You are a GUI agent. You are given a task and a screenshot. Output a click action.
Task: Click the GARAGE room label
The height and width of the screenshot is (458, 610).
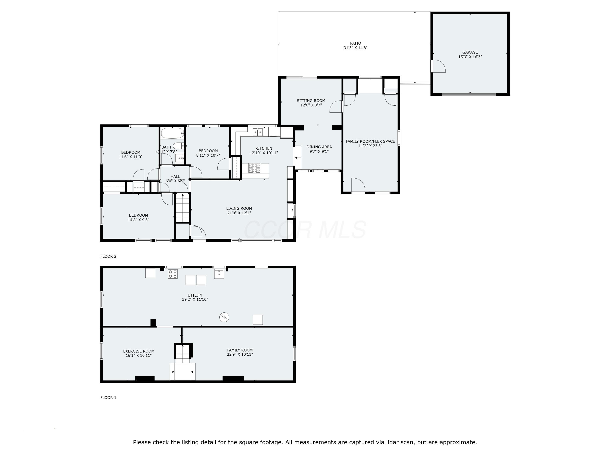coord(470,52)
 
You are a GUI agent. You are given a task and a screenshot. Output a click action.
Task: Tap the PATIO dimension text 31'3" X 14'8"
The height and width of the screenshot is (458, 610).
coord(355,48)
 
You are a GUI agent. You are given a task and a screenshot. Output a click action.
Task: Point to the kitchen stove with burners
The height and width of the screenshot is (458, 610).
coord(255,168)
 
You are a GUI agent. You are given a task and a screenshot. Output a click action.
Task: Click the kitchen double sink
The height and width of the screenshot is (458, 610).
coord(258,132)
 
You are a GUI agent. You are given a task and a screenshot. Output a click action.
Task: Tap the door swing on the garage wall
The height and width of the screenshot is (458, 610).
coord(438,66)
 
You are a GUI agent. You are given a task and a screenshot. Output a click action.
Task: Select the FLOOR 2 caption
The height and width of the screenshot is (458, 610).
coord(108,256)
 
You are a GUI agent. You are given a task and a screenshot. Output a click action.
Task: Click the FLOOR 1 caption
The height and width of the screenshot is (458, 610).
coord(108,398)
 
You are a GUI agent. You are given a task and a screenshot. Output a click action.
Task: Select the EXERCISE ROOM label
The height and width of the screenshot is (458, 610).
coord(138,351)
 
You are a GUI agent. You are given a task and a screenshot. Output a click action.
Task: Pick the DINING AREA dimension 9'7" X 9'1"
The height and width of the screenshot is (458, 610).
coord(319,151)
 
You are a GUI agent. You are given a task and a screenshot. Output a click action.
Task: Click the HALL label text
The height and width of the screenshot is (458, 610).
coord(175,176)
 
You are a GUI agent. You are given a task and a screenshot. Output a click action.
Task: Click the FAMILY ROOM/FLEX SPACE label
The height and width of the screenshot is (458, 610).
coord(370,141)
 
